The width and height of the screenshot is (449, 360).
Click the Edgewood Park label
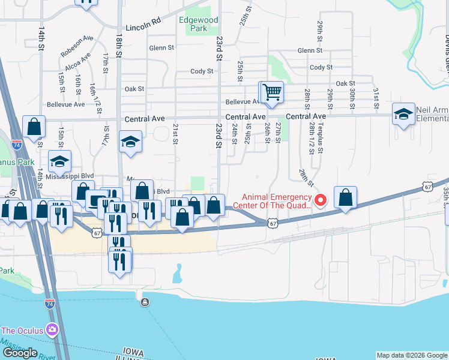click(x=199, y=23)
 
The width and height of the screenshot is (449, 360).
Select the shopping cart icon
click(x=272, y=92)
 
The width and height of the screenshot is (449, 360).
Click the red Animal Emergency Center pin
click(x=321, y=200)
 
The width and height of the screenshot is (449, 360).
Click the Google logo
click(x=20, y=352)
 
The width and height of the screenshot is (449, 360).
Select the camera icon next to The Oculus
click(x=52, y=329)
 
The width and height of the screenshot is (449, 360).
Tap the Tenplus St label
click(x=321, y=141)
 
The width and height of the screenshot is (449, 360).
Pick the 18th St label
click(x=119, y=45)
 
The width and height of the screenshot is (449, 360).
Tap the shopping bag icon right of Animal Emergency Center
click(x=346, y=197)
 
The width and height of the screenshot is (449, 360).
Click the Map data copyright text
click(x=411, y=355)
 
